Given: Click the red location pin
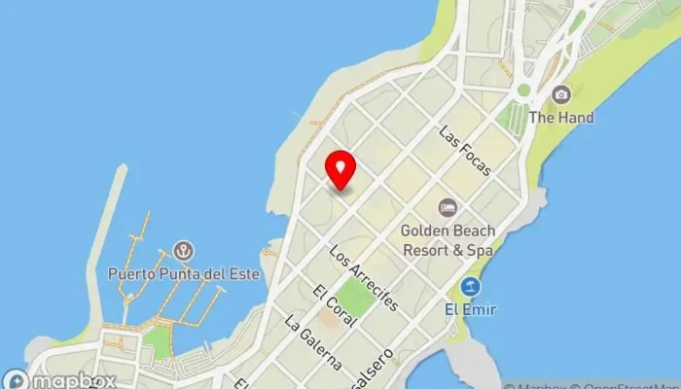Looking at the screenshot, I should click(340, 169).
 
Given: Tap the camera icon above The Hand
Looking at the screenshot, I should click(561, 94).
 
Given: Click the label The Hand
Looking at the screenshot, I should click(561, 118).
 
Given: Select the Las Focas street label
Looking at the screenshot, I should click(465, 150).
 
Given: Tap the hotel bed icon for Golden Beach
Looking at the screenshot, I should click(448, 207).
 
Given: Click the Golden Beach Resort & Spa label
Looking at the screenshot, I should click(448, 240).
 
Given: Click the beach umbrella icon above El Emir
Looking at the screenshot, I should click(471, 287).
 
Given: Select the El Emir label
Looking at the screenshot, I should click(471, 309).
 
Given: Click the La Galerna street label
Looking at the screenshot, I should click(313, 340).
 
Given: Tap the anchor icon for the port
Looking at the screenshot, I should click(182, 252).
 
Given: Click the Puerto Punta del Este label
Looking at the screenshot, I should click(184, 273).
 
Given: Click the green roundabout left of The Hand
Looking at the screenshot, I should click(523, 89).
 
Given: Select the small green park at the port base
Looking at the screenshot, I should click(156, 341).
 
